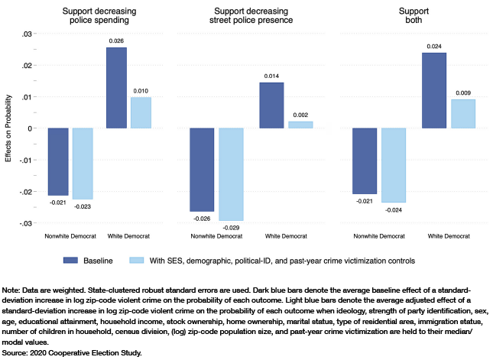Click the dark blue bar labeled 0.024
(433, 90)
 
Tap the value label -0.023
(83, 206)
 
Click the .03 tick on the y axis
(28, 34)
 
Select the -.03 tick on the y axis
(27, 223)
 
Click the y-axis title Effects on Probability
(8, 128)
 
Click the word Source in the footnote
(15, 352)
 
